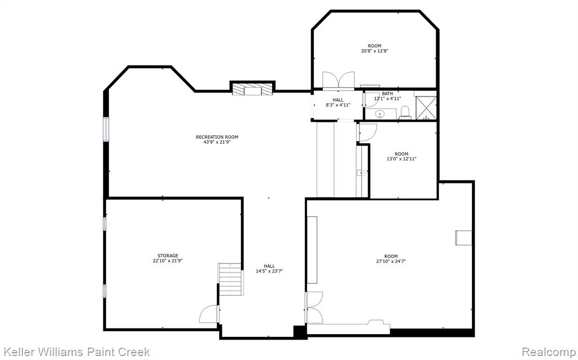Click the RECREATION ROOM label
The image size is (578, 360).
coord(217,137)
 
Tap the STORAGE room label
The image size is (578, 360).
coord(168,256)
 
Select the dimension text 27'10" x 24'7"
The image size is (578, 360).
coord(391,261)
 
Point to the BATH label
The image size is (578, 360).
coord(387,94)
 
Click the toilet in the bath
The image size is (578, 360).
coord(405,112)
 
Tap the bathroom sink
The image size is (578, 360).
coord(380,114)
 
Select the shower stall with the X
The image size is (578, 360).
coord(426,108)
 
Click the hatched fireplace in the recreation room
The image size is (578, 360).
coord(252,89)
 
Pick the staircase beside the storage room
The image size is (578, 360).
coord(230,279)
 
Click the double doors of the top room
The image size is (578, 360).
coord(339,80)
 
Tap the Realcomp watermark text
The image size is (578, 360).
coord(549,352)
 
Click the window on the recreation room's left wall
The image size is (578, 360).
coord(106,129)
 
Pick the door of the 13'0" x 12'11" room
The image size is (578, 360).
coord(367,133)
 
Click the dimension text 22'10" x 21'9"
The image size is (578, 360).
coord(168,261)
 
